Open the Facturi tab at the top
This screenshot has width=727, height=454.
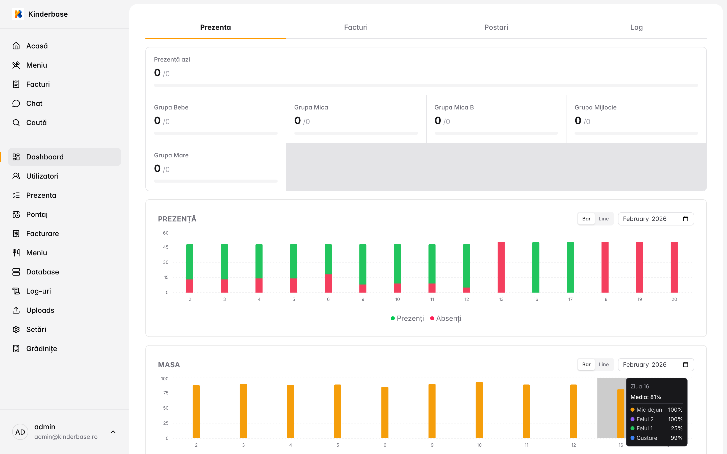point(356,27)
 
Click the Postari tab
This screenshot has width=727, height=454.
point(496,27)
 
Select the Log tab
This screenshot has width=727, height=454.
point(636,27)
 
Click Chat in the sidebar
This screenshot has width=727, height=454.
point(34,104)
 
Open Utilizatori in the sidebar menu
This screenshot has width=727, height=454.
point(42,176)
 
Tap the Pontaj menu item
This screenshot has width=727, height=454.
point(37,214)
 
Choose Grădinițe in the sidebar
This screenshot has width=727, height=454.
point(41,349)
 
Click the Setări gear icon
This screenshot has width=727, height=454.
point(16,329)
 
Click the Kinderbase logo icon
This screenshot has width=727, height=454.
point(18,14)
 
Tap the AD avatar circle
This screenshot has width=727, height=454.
point(20,432)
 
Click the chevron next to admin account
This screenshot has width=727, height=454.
point(113,432)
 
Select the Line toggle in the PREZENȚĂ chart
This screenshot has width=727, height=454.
point(603,219)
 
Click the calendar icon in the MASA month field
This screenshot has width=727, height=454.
point(685,364)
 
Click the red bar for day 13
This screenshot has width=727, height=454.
point(501,267)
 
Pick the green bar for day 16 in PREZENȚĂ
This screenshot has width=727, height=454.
point(536,267)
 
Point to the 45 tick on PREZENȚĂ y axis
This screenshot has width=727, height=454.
point(166,247)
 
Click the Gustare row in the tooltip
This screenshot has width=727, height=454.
point(656,438)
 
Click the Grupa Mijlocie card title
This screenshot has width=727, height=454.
point(595,107)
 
